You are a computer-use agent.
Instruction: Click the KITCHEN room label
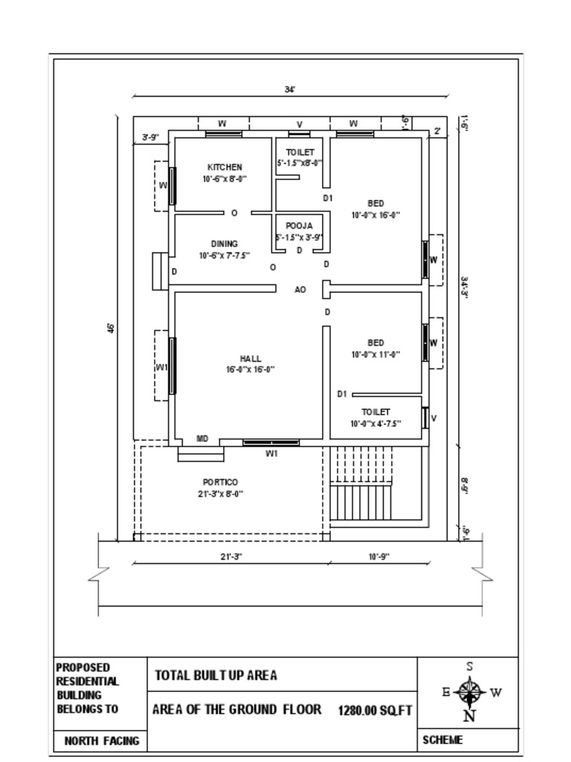click(x=224, y=167)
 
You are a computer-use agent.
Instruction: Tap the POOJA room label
click(x=299, y=225)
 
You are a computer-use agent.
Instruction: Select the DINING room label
click(x=224, y=244)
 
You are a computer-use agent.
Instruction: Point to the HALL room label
click(x=251, y=359)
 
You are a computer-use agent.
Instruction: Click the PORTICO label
click(x=220, y=483)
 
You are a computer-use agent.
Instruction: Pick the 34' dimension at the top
click(x=290, y=89)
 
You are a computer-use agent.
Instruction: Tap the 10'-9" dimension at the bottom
click(x=378, y=557)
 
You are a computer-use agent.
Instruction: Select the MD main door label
click(x=202, y=439)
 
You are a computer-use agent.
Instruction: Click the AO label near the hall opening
click(x=300, y=290)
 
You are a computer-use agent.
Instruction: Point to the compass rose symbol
click(x=469, y=693)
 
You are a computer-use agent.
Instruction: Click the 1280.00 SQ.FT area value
click(x=375, y=711)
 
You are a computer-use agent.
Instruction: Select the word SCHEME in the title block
click(x=442, y=740)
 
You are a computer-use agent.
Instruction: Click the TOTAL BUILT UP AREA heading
click(x=216, y=676)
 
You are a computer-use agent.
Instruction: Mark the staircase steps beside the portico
click(x=361, y=484)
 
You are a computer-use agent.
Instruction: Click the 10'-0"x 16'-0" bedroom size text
click(x=375, y=215)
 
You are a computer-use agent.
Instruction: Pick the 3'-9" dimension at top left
click(x=151, y=137)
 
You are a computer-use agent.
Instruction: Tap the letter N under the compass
click(x=469, y=717)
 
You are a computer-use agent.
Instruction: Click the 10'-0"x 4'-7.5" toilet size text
click(x=375, y=423)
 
